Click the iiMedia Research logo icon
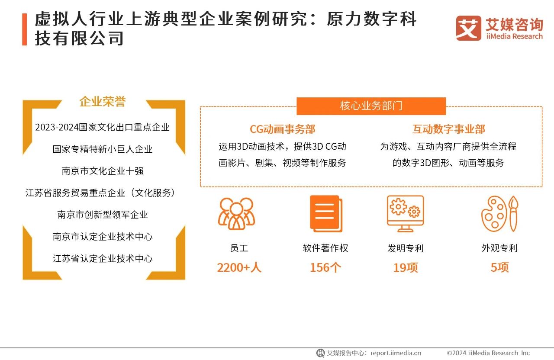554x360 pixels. tap(468, 29)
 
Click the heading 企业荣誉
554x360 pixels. tap(103, 102)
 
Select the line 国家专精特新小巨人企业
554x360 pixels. tap(103, 149)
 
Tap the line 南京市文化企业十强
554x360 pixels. tap(103, 171)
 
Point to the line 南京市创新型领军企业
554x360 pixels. tap(103, 215)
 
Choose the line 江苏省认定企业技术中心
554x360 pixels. tap(103, 259)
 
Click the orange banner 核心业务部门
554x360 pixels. tap(371, 106)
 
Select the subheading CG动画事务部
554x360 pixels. tap(282, 129)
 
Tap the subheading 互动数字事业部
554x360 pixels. tap(448, 129)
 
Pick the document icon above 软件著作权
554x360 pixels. tap(325, 213)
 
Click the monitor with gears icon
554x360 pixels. tap(405, 213)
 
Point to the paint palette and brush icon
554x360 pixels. tap(499, 213)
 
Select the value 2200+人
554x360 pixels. tap(239, 267)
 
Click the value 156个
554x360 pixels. tap(325, 267)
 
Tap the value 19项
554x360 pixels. tap(405, 267)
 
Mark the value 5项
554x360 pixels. tap(499, 267)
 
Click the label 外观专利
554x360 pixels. tap(499, 248)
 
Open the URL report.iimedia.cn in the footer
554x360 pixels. tap(396, 353)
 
